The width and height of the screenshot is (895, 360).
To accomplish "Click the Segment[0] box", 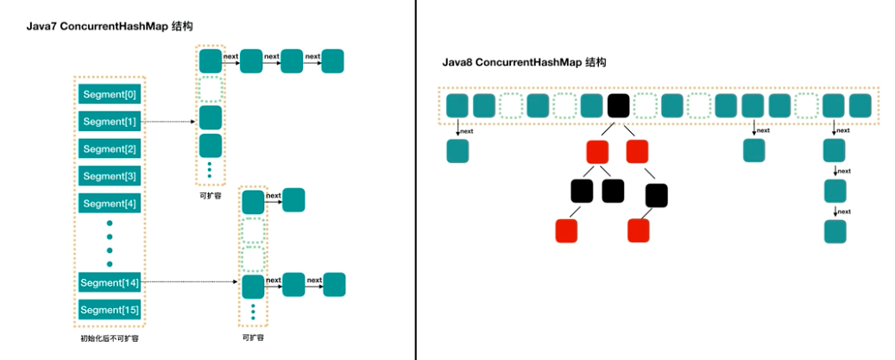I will click(x=109, y=94).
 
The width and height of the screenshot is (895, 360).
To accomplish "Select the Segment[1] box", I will click(x=109, y=122).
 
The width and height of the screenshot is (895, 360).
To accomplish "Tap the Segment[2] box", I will click(x=109, y=149).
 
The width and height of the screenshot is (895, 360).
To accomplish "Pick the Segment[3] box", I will click(x=109, y=176).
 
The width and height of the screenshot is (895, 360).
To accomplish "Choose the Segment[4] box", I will click(x=109, y=204).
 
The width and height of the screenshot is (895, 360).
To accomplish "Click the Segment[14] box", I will click(x=109, y=282).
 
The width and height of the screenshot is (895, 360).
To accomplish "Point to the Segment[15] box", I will click(x=109, y=309).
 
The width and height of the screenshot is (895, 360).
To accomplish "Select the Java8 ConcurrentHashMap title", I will click(x=523, y=63).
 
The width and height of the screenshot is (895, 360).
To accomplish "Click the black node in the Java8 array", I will click(x=618, y=106).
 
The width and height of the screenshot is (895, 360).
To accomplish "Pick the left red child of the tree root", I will click(x=597, y=152).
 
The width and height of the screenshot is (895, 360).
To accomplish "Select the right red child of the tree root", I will click(x=637, y=152).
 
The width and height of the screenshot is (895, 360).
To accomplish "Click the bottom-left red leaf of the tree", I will click(x=566, y=231).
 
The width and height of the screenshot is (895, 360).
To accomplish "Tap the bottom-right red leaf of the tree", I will click(x=638, y=231).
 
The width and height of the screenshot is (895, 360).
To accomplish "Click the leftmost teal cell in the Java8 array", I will click(x=457, y=106).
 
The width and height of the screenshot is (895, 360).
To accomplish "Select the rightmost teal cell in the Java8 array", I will click(x=860, y=106).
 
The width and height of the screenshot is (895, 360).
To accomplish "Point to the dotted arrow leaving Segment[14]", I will click(x=190, y=282).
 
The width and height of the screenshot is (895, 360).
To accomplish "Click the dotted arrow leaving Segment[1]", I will click(x=168, y=122).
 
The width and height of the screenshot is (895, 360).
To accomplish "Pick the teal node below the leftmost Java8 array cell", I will click(x=457, y=151).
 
